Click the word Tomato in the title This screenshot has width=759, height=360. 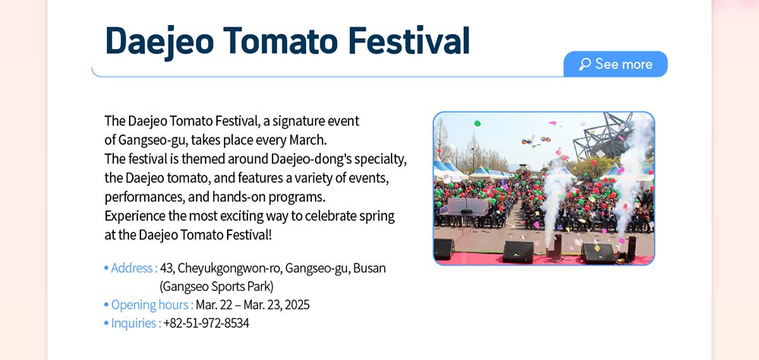tap(281, 40)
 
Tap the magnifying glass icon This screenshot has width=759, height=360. tap(584, 64)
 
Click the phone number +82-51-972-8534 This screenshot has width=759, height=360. tap(206, 324)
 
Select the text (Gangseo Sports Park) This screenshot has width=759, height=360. tap(216, 287)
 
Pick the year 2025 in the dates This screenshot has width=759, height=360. tap(298, 305)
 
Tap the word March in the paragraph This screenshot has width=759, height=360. tap(308, 140)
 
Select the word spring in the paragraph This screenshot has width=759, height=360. tap(376, 216)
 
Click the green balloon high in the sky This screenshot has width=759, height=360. tap(477, 123)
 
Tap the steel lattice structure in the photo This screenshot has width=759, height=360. tap(603, 135)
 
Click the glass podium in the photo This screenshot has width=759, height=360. tap(467, 207)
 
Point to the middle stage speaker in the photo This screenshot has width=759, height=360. tap(518, 252)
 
